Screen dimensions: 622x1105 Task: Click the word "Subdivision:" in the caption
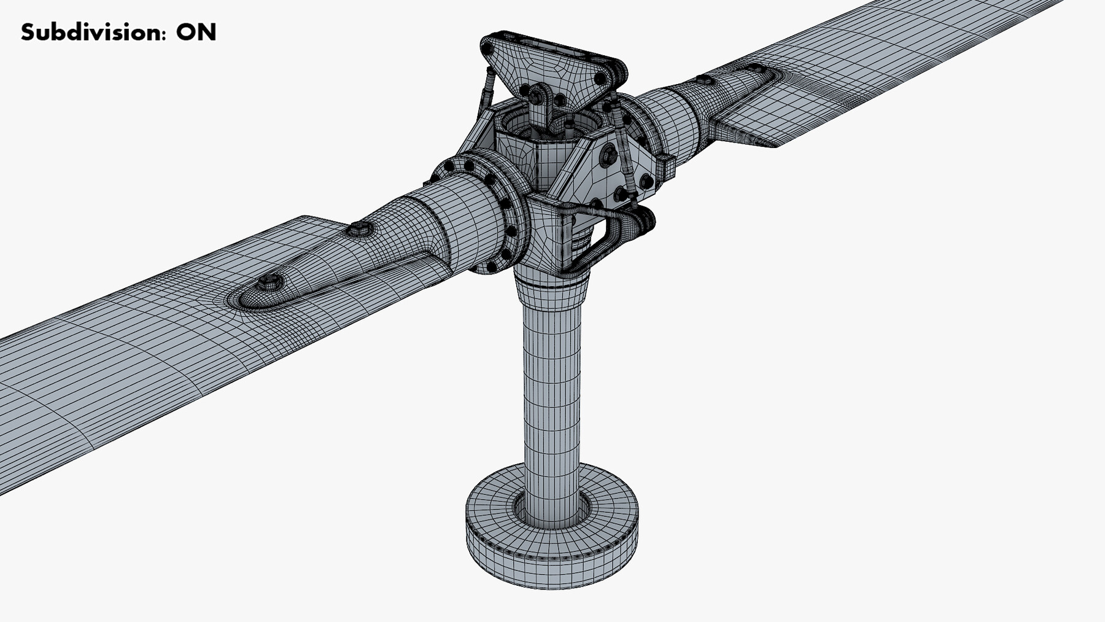click(93, 32)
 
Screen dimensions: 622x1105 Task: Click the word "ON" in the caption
click(196, 32)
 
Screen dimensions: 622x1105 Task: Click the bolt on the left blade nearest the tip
click(269, 282)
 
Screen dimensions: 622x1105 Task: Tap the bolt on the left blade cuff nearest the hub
click(359, 230)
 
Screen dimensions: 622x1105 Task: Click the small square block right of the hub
click(665, 166)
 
